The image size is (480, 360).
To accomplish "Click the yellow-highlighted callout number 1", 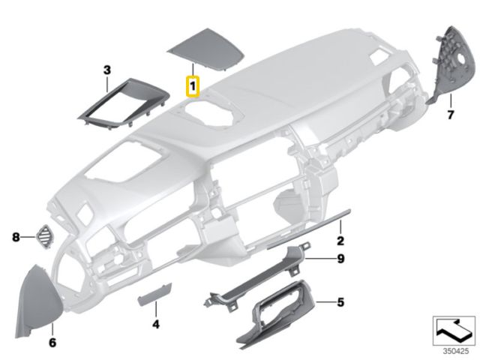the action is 193,86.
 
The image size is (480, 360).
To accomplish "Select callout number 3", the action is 106,70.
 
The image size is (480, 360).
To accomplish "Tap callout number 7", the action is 450,115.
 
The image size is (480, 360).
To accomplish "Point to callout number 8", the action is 16,237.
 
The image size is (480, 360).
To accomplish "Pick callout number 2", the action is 340,241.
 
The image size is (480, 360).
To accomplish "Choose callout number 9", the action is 340,259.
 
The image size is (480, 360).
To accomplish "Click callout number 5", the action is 340,302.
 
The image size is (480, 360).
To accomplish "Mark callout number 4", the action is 156,324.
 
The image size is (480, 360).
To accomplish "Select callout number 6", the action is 52,343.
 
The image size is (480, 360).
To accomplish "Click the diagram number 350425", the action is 456,351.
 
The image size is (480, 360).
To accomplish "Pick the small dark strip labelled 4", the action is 155,294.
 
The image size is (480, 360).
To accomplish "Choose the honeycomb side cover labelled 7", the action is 453,66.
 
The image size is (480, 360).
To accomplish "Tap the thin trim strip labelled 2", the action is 308,229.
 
